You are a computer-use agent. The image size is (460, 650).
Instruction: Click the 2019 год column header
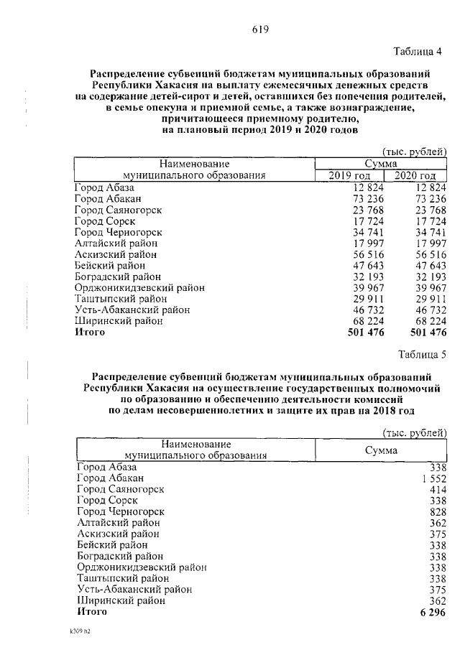pos(350,176)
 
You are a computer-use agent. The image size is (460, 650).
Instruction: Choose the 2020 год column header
pos(415,176)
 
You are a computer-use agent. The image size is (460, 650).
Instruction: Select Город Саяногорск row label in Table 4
pos(118,210)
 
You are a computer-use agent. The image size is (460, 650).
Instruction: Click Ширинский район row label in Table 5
pos(121,600)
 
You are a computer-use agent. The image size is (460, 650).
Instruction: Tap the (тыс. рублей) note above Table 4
pos(414,152)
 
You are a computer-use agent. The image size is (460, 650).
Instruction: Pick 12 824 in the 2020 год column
pos(429,187)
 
